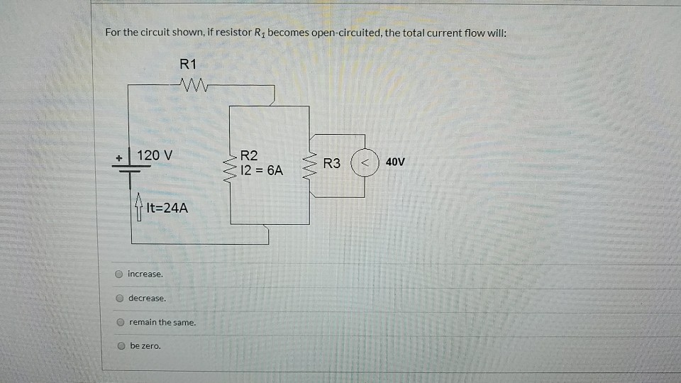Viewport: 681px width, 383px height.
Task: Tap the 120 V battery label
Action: (x=155, y=155)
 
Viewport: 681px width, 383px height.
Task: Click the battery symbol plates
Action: (x=129, y=166)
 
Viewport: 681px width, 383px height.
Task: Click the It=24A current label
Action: (x=167, y=209)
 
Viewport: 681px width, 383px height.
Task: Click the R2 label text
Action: (x=250, y=155)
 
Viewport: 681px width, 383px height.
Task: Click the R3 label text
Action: (x=331, y=163)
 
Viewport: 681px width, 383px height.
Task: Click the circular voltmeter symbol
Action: (x=365, y=162)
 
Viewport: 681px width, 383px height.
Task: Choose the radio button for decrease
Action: (x=120, y=299)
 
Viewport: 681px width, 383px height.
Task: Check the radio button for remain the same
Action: (x=121, y=323)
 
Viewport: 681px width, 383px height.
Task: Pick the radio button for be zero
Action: (x=121, y=347)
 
